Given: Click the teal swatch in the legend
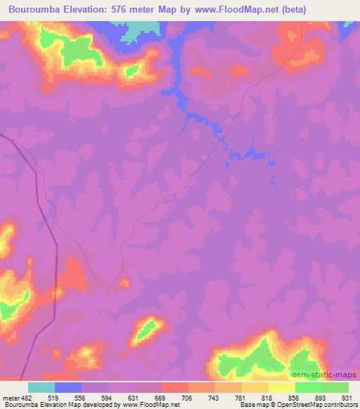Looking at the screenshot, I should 41,387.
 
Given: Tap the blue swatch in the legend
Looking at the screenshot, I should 68,387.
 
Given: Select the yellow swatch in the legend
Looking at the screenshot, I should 281,387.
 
